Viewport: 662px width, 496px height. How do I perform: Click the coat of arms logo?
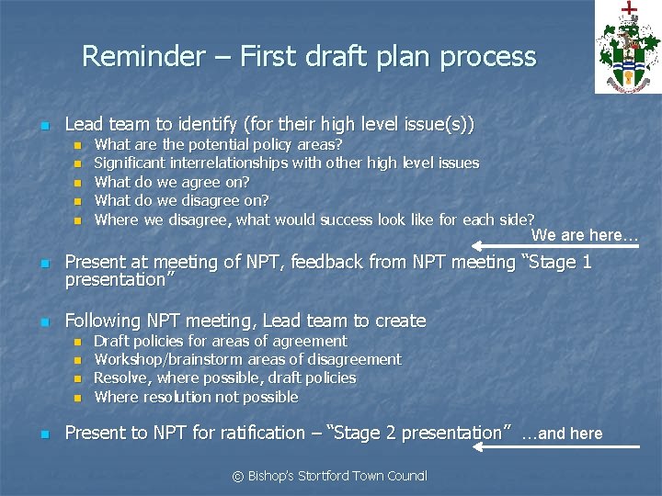coord(627,47)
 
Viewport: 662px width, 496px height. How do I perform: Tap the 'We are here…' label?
coord(585,235)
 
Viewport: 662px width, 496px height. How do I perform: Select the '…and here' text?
coord(562,434)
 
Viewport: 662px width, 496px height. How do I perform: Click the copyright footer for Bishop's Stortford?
coord(329,476)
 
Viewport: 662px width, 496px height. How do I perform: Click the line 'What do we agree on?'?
coord(172,182)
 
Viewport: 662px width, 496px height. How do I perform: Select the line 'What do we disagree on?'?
coord(181,200)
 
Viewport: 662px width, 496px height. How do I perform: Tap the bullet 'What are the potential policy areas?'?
coord(219,144)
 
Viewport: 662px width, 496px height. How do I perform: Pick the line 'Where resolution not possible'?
coord(196,397)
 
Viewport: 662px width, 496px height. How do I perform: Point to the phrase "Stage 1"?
coord(557,263)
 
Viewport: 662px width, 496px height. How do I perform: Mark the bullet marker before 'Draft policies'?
coord(78,342)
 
